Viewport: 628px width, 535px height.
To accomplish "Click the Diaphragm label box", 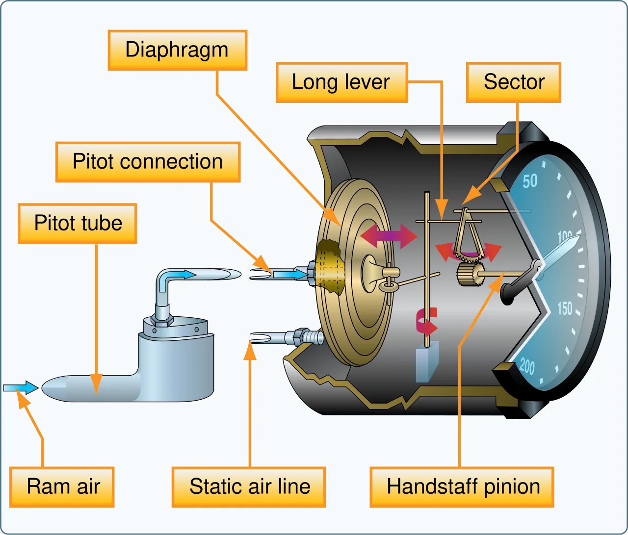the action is [x=178, y=51].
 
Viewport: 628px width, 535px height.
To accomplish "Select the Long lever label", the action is [x=342, y=82].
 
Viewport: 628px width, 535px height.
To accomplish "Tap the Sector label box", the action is [x=514, y=82].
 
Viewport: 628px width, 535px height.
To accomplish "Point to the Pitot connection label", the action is [x=148, y=162].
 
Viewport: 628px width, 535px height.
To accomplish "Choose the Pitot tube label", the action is [x=78, y=224].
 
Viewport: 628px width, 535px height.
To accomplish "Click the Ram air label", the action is [x=62, y=487].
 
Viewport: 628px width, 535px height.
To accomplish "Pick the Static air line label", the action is [x=249, y=487].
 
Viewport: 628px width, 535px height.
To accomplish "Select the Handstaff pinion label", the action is [x=462, y=487].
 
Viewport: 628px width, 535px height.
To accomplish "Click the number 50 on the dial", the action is [x=530, y=181].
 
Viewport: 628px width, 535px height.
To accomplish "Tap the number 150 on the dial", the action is [x=565, y=308].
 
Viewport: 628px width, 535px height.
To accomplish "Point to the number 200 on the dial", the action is [x=527, y=366].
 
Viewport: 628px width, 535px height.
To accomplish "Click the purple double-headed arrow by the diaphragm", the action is [x=389, y=236].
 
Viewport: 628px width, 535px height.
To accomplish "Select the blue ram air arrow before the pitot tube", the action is [x=21, y=388].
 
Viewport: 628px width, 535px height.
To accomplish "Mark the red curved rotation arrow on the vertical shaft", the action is [x=426, y=323].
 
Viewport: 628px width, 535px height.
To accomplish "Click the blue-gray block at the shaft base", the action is [x=427, y=361].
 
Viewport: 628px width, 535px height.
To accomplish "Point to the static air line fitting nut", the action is [x=301, y=337].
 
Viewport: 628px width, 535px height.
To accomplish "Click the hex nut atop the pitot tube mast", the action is [x=161, y=320].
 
